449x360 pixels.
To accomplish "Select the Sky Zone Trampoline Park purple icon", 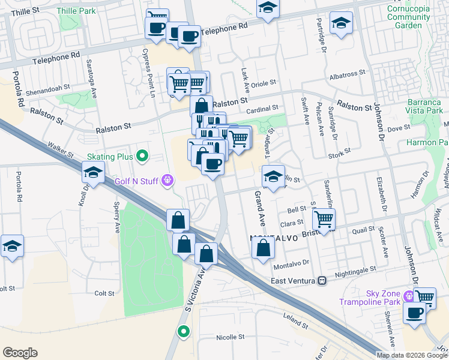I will pyautogui.click(x=409, y=295).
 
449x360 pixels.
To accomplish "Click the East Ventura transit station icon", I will pyautogui.click(x=322, y=280).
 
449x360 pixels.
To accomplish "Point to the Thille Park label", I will pyautogui.click(x=76, y=11).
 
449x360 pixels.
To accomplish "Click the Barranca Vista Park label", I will pyautogui.click(x=424, y=106).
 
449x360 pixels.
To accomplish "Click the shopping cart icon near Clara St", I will pyautogui.click(x=324, y=219).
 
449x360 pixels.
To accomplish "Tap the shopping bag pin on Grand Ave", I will pyautogui.click(x=263, y=247).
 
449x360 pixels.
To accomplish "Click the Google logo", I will pyautogui.click(x=20, y=353).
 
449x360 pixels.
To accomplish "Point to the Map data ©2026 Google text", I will pyautogui.click(x=411, y=355).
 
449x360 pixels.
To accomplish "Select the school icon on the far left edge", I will pyautogui.click(x=12, y=246).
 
